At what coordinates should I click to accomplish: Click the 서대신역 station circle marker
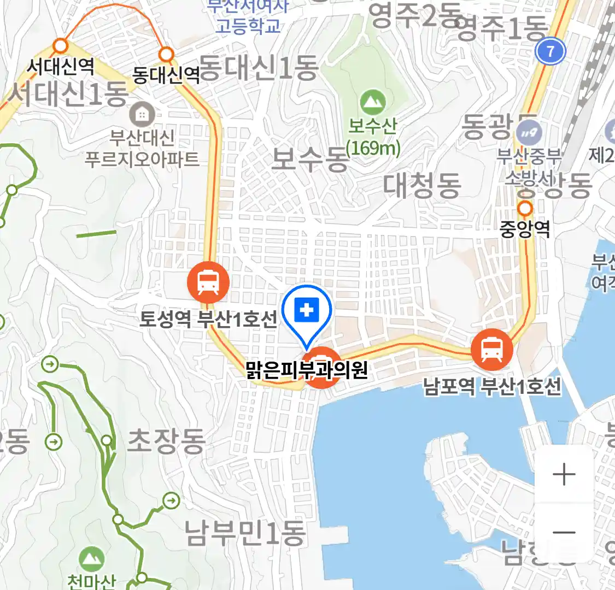(60, 45)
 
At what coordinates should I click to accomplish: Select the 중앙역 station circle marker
(525, 208)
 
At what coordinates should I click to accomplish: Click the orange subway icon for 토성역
(208, 282)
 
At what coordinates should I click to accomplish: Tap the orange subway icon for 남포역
(492, 349)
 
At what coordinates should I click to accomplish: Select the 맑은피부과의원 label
(307, 371)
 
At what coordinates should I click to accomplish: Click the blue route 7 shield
(550, 52)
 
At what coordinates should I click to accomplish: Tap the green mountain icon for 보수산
(373, 102)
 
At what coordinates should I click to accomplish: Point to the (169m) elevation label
(373, 147)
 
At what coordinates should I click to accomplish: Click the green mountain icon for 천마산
(92, 559)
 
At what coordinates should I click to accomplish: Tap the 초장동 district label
(166, 441)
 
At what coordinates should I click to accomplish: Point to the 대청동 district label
(422, 185)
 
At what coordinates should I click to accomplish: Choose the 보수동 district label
(309, 159)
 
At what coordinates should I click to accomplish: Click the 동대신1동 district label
(258, 68)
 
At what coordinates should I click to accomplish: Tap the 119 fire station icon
(529, 133)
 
